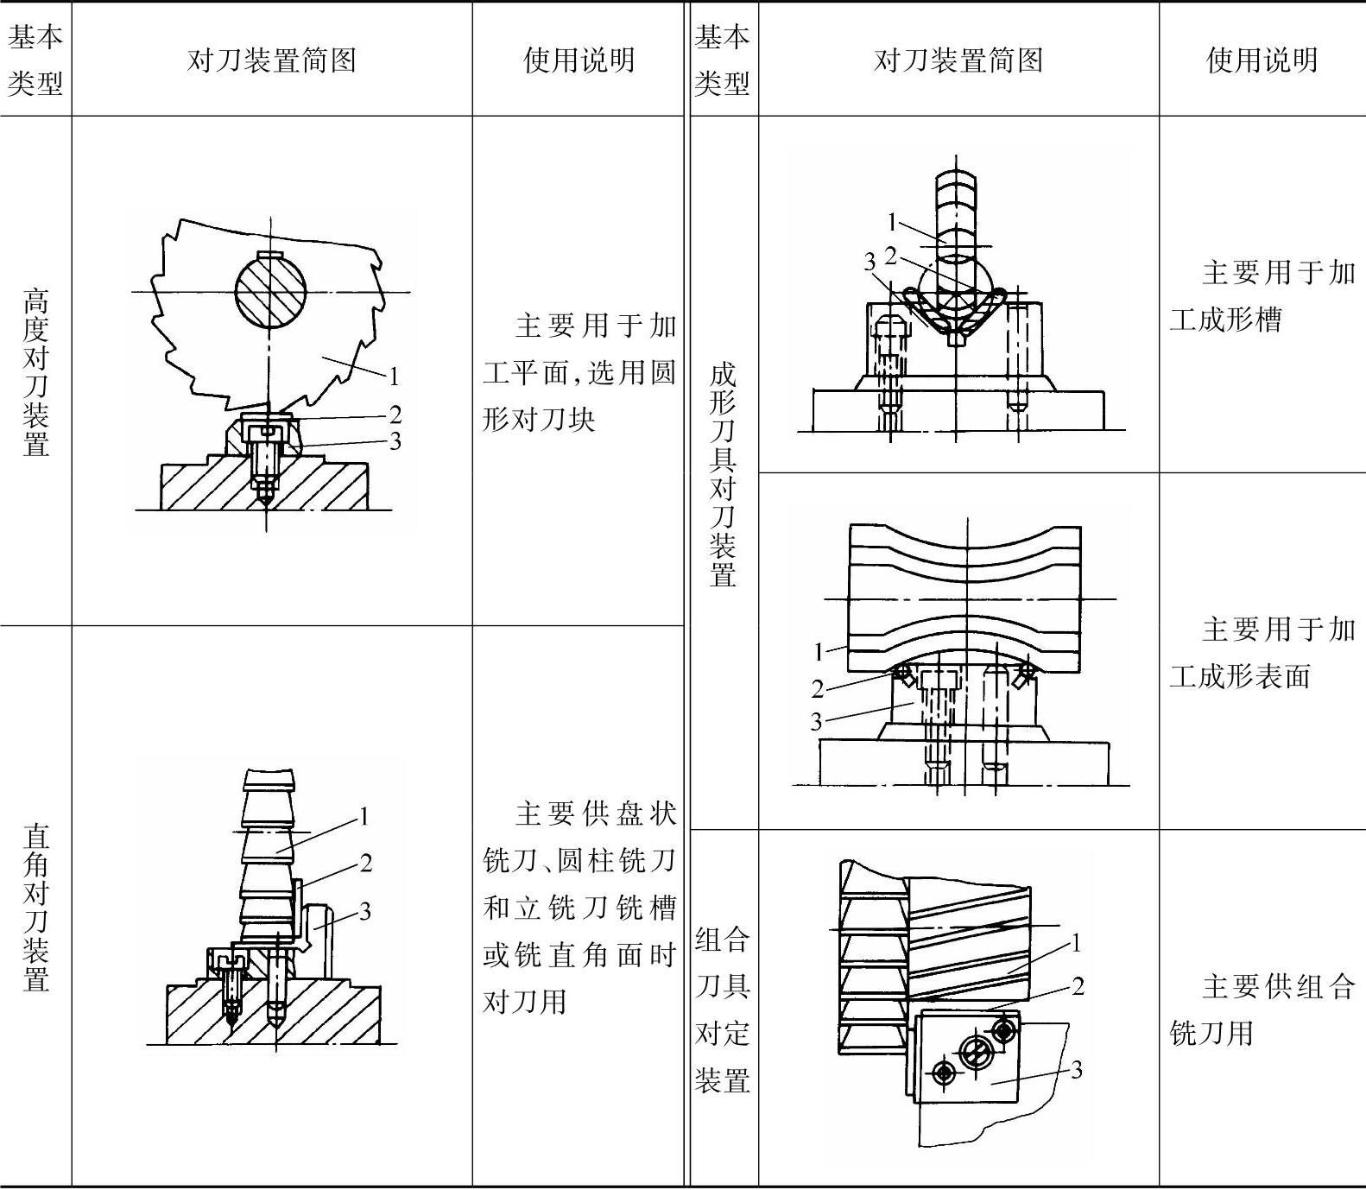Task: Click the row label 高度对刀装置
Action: [x=35, y=372]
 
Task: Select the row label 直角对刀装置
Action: [x=35, y=907]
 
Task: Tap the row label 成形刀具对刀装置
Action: [x=722, y=474]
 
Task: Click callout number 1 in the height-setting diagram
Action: [x=394, y=376]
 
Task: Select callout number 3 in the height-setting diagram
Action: [x=395, y=441]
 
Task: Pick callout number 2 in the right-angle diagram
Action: [x=366, y=863]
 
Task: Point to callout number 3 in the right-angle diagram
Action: [x=365, y=910]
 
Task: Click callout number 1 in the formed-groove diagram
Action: [x=892, y=222]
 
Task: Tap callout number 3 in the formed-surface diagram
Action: [x=816, y=721]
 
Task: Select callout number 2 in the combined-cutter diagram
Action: [x=1078, y=985]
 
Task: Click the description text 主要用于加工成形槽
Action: [x=1262, y=296]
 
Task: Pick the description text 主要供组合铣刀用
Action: [x=1262, y=1010]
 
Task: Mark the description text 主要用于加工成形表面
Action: [x=1262, y=652]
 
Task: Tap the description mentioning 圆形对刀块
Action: [x=579, y=372]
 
